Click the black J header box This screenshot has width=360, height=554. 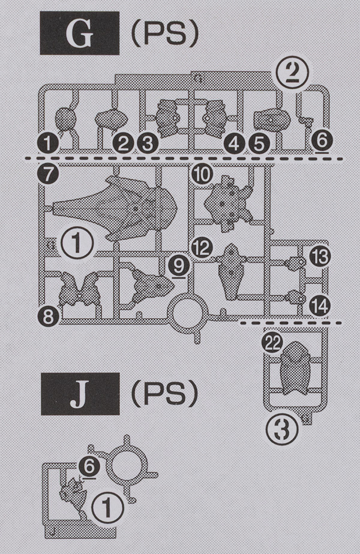click(80, 399)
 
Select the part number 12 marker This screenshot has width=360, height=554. click(202, 247)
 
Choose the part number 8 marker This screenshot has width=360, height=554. click(47, 315)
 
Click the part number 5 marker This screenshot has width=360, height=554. click(260, 143)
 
